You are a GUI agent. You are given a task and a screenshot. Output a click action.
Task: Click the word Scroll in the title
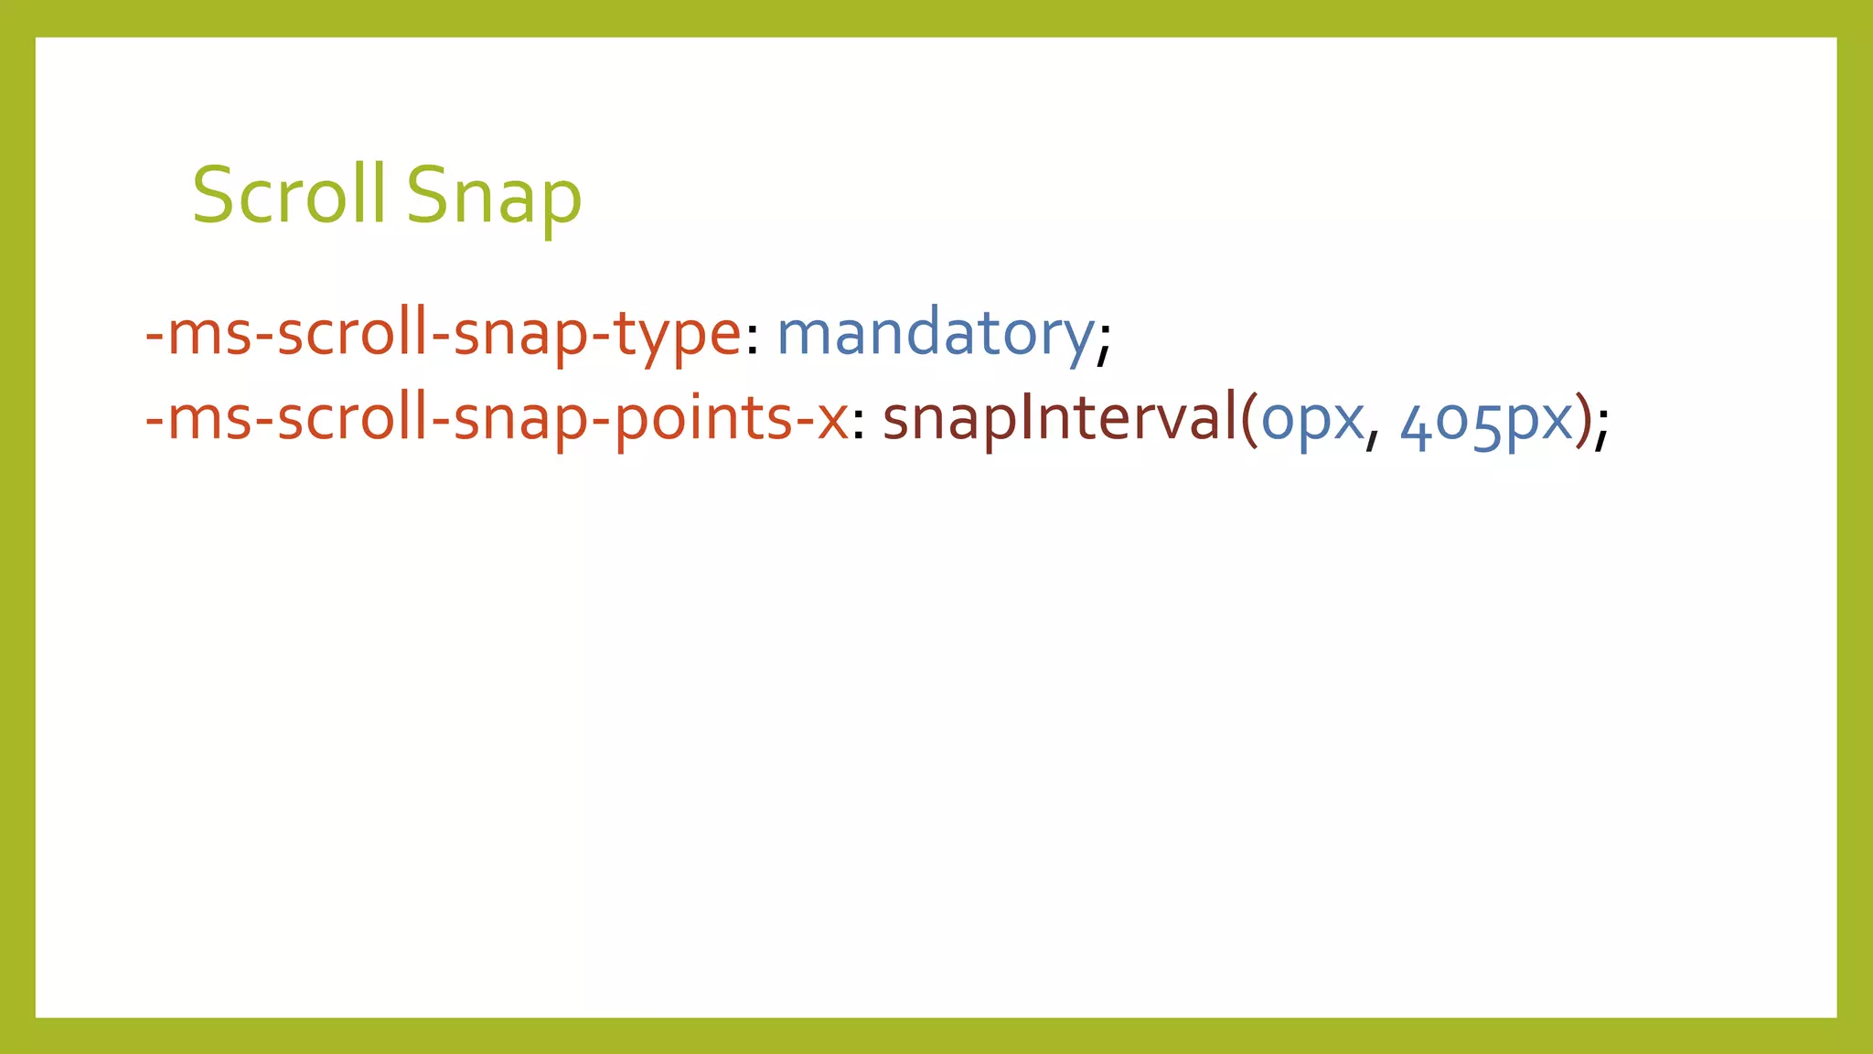tap(289, 195)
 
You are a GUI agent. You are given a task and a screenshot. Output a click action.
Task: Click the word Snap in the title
tap(494, 198)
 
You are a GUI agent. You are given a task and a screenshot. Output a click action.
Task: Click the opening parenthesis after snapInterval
tap(1249, 421)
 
